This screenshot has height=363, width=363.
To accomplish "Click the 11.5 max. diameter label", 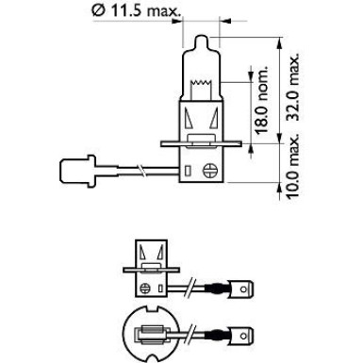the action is click(x=136, y=11).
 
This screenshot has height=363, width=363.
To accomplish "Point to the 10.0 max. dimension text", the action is click(x=292, y=167).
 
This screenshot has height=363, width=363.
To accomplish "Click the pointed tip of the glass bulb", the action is click(x=201, y=37).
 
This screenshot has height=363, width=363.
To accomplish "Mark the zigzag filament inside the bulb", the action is click(x=201, y=83).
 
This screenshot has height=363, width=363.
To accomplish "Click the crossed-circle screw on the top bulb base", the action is click(x=209, y=171).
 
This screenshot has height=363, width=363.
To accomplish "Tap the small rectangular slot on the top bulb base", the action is click(x=188, y=171).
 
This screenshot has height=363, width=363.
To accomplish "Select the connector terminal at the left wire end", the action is click(x=77, y=171).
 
